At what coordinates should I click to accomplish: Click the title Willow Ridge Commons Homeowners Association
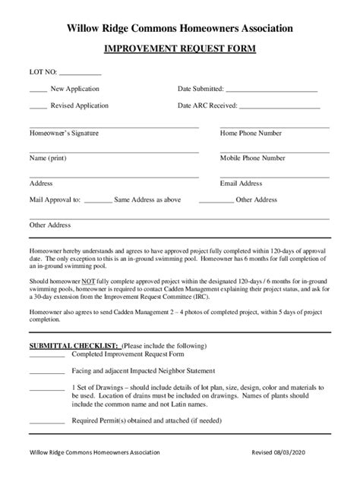pos(180,28)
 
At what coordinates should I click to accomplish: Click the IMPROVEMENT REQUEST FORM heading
pos(180,49)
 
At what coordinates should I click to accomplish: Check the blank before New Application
pos(38,90)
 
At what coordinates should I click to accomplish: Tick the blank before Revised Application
pos(38,107)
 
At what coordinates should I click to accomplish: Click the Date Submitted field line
pos(271,90)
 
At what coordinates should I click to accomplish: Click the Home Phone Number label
pos(251,133)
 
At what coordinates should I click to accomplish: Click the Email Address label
pos(241,183)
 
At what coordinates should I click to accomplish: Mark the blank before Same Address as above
pos(97,200)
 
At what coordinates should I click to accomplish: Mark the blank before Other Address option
pos(216,200)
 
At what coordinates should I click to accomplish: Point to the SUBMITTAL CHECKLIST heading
pos(74,345)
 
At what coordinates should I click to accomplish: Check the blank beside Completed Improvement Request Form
pos(46,354)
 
